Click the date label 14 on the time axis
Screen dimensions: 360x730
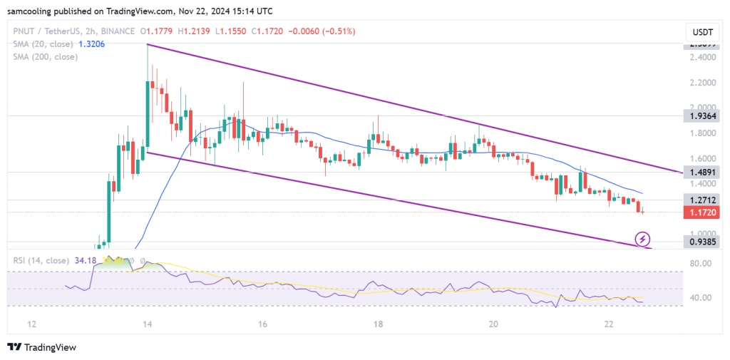pyautogui.click(x=147, y=324)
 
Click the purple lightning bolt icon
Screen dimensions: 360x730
pyautogui.click(x=644, y=239)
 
